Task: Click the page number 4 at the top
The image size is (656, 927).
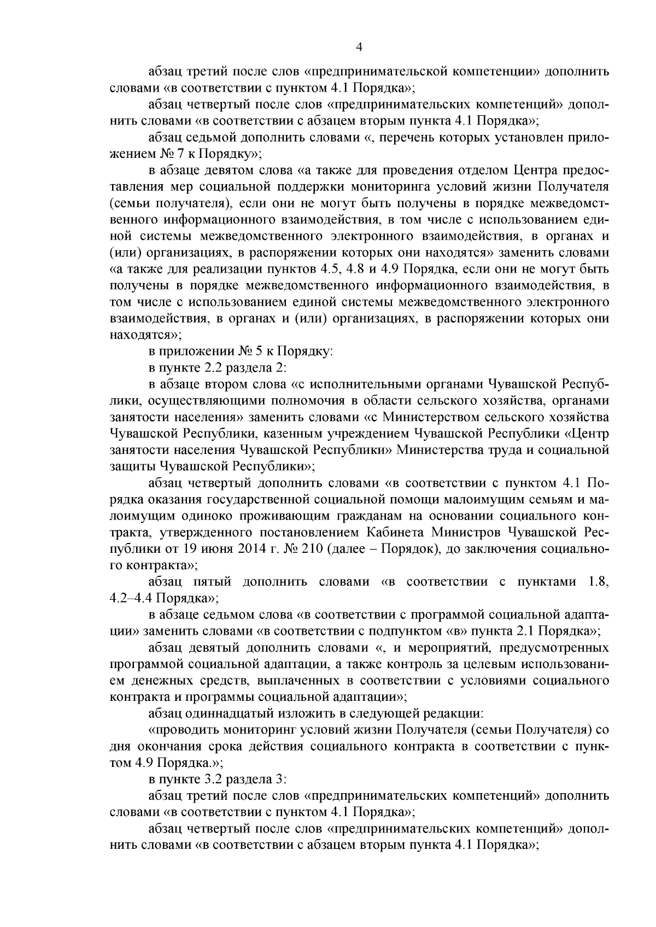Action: (x=359, y=47)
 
